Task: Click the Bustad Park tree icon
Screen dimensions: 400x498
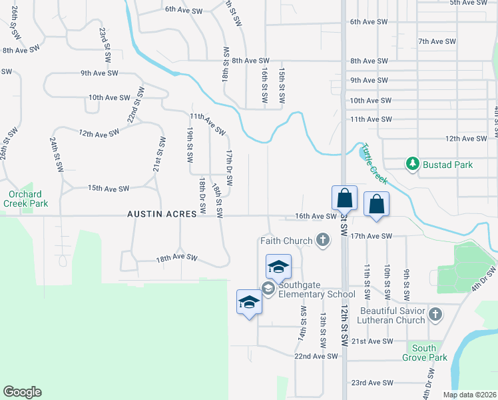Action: (x=413, y=164)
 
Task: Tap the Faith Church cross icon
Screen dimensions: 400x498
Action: (x=323, y=241)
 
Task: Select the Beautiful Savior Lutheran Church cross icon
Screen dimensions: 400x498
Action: (x=435, y=313)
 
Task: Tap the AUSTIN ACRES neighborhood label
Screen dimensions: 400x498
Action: (x=162, y=214)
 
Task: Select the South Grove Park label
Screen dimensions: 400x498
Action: (x=424, y=353)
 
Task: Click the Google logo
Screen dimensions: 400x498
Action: (x=22, y=392)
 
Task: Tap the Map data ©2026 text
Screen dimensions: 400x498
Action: (x=468, y=395)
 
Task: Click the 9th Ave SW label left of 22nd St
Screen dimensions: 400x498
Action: (x=99, y=73)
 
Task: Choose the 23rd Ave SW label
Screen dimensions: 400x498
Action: (x=372, y=383)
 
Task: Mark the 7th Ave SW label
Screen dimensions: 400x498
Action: (x=437, y=41)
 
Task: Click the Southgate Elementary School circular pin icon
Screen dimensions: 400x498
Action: (x=268, y=289)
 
